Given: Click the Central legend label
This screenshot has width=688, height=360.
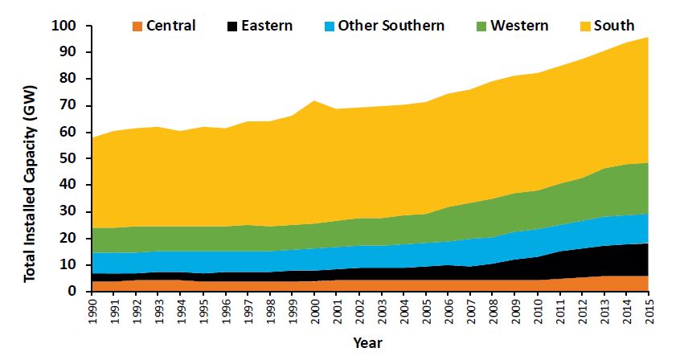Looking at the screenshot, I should (x=170, y=26).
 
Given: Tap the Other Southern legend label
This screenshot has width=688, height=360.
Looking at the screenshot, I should (x=391, y=26).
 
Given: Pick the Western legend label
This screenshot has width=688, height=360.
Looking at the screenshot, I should (x=519, y=26).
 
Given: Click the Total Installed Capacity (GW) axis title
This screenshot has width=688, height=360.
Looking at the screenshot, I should (x=30, y=159).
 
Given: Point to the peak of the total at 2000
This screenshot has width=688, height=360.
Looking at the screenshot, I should (x=315, y=100).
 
